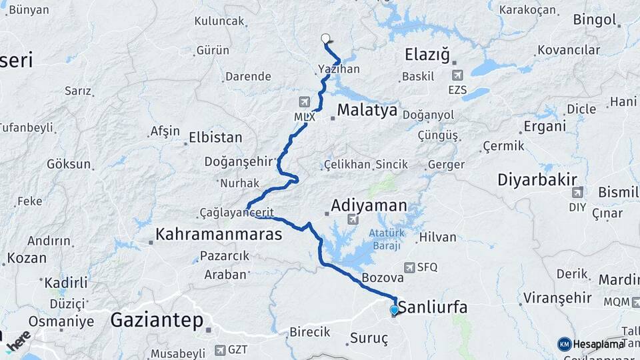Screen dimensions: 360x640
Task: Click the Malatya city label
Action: pos(367,110)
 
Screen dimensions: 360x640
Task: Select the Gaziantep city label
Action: pos(157,320)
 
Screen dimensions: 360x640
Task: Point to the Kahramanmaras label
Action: pos(219,234)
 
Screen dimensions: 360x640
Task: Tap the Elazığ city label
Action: pos(427,54)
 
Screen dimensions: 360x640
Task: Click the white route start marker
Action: pos(326,39)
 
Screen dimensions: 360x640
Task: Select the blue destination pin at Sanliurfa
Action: pos(394,310)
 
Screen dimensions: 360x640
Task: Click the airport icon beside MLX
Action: pos(305,102)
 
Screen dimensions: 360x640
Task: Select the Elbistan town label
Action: pos(215,138)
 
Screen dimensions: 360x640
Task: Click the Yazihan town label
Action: pos(339,69)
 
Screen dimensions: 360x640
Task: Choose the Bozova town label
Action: pos(382,277)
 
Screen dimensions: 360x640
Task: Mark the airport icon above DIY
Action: pos(577,192)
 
